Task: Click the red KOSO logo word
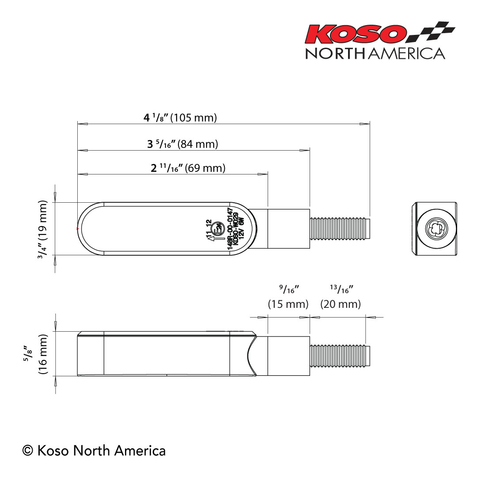click(x=356, y=34)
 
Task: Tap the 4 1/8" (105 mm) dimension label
click(x=180, y=118)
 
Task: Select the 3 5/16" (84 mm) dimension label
click(x=182, y=144)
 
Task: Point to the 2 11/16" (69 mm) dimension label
click(x=188, y=168)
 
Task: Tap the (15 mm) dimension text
click(x=288, y=304)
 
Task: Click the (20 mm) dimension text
click(x=341, y=304)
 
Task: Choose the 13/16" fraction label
click(x=341, y=289)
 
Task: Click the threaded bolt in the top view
click(x=340, y=229)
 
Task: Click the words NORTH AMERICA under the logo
click(x=375, y=53)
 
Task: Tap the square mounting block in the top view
click(x=288, y=229)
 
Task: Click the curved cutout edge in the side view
click(x=251, y=356)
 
